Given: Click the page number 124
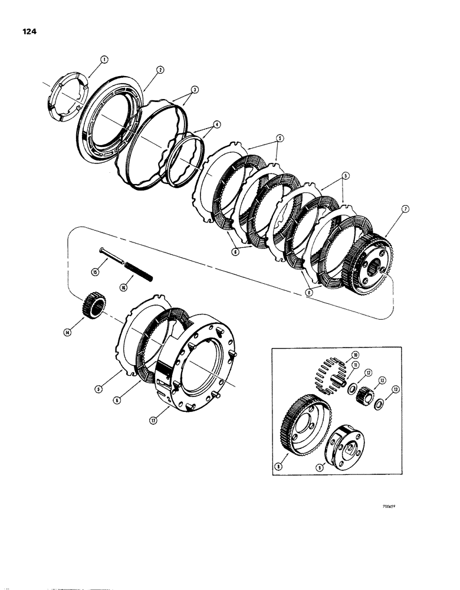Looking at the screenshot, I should coord(27,32).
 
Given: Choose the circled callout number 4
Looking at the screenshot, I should coord(201,124).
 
